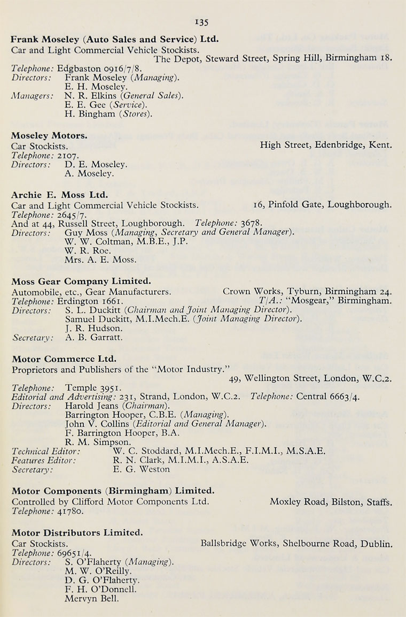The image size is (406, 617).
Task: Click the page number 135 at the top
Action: [x=201, y=22]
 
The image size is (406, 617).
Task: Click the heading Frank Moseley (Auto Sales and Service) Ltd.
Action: [x=115, y=39]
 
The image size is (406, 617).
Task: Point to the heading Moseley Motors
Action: [x=50, y=135]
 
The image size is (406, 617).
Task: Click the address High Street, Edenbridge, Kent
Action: [x=326, y=144]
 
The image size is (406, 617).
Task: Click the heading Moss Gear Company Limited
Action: [x=81, y=281]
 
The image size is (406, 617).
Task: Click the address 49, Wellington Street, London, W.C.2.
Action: [x=310, y=378]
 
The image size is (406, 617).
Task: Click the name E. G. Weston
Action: [x=142, y=469]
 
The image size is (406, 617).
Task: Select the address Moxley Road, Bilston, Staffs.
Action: [x=331, y=502]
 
